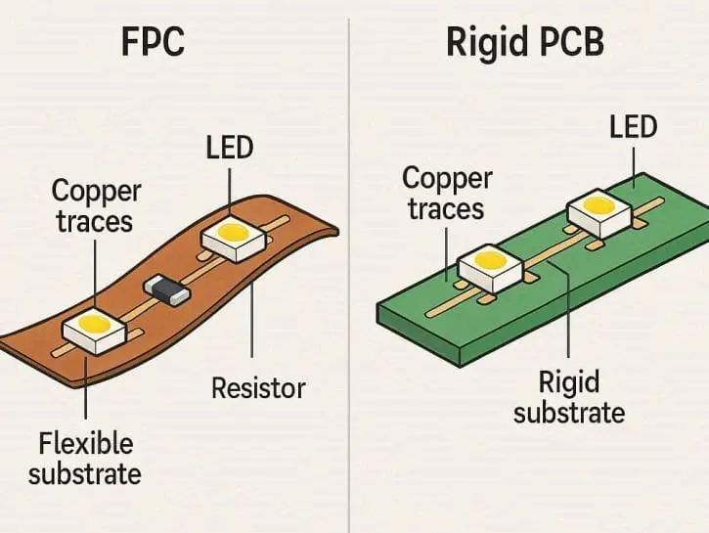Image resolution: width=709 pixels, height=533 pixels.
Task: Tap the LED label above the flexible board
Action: coord(230,148)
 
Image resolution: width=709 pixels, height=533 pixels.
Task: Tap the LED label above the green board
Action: coord(633,127)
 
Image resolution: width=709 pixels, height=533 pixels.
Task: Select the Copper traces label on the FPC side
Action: coord(95,206)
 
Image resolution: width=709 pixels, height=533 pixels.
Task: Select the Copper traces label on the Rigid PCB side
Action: coord(445,194)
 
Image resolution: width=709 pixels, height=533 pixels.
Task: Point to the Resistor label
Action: coord(259,389)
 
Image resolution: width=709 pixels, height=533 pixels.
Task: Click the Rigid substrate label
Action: coord(569,396)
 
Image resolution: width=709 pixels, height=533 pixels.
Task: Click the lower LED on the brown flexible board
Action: coord(94,329)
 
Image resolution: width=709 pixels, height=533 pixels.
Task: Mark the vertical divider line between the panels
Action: coord(349,293)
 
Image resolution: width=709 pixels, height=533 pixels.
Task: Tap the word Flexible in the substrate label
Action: coord(85,445)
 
